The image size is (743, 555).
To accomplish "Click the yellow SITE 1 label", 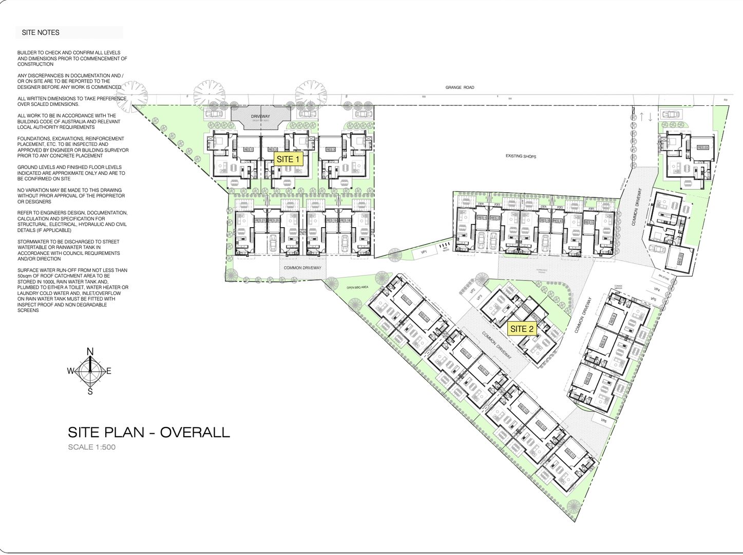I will pyautogui.click(x=288, y=159).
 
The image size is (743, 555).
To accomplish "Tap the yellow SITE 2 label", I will pyautogui.click(x=522, y=329).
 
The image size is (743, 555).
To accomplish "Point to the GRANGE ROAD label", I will pyautogui.click(x=460, y=88).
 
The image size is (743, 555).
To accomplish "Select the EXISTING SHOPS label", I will pyautogui.click(x=520, y=156).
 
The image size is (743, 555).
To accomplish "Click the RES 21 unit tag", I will pyautogui.click(x=259, y=220).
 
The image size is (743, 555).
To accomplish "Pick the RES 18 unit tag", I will pyautogui.click(x=346, y=220).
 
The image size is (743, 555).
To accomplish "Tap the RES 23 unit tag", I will pyautogui.click(x=702, y=147).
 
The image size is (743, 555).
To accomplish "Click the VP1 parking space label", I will pyautogui.click(x=424, y=252).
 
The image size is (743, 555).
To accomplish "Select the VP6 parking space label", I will pyautogui.click(x=603, y=420).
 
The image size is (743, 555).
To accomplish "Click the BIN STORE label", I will pyautogui.click(x=665, y=276).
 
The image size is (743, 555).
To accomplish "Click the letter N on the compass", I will pyautogui.click(x=90, y=351).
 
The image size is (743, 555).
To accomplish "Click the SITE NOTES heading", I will pyautogui.click(x=41, y=32).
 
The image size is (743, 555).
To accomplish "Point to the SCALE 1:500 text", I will pyautogui.click(x=92, y=447).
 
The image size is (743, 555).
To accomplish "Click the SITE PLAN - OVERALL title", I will pyautogui.click(x=149, y=432).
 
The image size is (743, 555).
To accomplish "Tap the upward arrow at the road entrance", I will pyautogui.click(x=641, y=117).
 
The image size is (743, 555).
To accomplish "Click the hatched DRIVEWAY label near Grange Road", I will pyautogui.click(x=260, y=117).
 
